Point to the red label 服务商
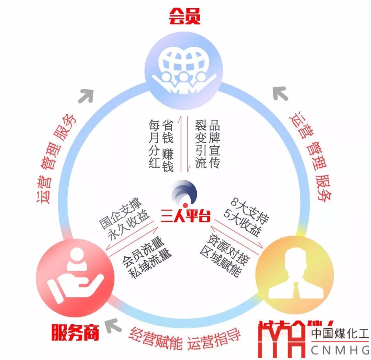75,332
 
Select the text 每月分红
154,144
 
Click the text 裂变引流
201,144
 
